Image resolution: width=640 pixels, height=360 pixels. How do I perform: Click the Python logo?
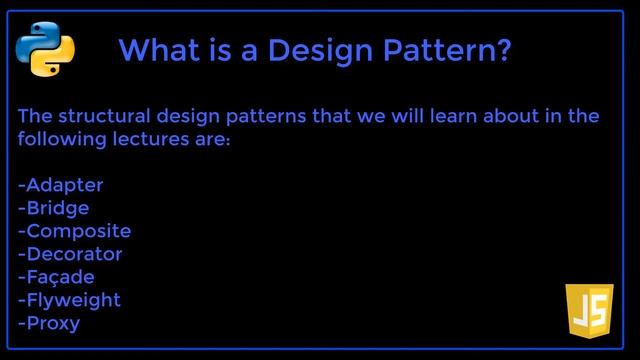[x=45, y=48]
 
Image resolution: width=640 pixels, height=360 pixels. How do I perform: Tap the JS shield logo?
[x=589, y=310]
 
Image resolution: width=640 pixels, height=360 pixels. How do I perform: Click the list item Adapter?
[x=61, y=185]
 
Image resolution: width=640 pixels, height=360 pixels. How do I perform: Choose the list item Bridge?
[x=54, y=208]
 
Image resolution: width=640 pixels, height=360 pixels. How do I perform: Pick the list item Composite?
[x=75, y=231]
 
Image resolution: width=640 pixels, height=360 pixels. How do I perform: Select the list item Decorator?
[x=70, y=254]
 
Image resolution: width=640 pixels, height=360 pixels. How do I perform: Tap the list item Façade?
[x=57, y=277]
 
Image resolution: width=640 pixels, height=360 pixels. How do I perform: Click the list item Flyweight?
[x=69, y=300]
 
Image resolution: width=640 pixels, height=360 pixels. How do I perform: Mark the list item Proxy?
[x=49, y=323]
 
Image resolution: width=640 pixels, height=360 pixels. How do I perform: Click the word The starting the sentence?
[x=35, y=116]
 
